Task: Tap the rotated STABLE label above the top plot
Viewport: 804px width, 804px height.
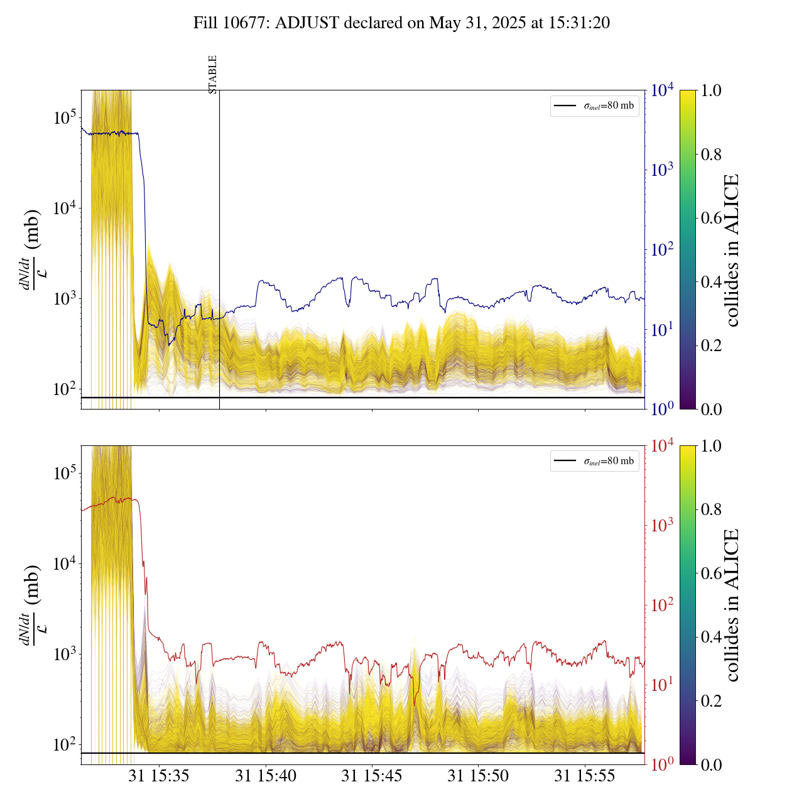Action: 213,75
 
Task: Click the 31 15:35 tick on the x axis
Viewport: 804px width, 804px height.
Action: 159,776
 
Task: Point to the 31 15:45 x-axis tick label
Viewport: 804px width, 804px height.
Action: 372,776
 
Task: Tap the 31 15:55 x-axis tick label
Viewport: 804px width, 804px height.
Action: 585,776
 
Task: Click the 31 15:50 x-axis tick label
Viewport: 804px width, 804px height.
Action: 478,776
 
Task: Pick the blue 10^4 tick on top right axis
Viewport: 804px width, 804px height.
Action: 662,90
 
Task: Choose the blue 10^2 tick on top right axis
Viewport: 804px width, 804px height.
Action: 662,250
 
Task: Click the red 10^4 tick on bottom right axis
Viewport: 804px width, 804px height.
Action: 662,446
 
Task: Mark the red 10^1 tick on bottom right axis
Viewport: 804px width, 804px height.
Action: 662,685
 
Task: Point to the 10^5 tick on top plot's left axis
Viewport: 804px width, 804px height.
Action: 65,117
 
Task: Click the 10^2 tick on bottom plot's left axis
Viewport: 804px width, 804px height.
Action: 65,745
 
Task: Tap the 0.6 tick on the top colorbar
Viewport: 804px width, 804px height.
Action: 711,218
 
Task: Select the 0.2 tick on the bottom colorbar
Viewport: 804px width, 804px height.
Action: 711,701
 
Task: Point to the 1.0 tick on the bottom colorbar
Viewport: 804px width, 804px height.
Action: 711,446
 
